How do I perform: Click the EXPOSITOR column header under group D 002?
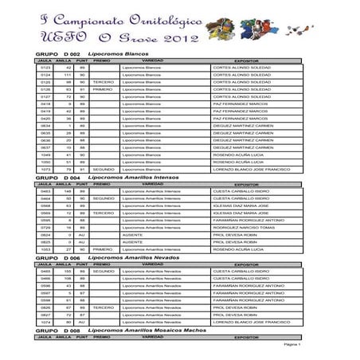(252, 60)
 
